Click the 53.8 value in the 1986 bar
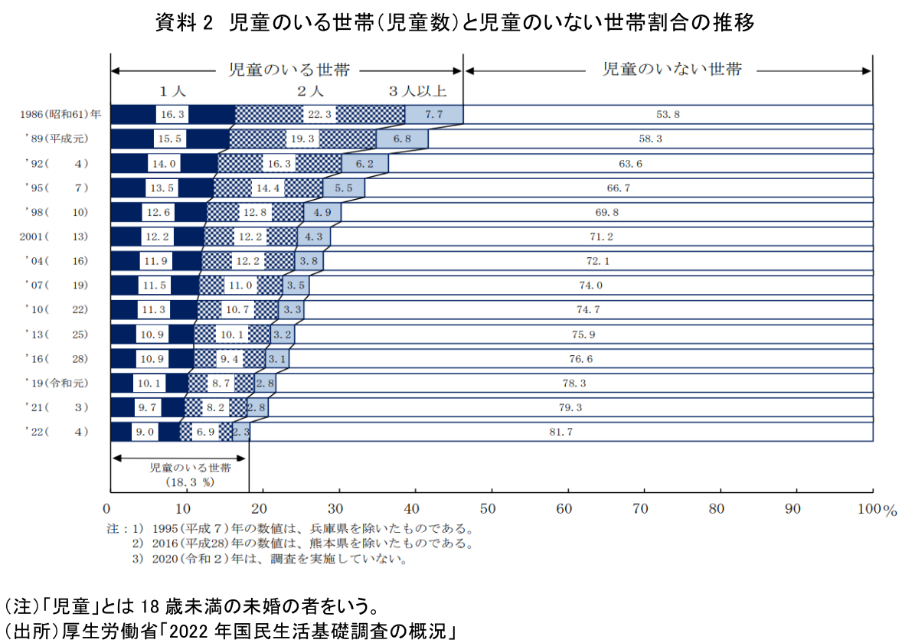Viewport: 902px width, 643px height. pos(668,115)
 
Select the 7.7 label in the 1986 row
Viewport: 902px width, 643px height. pos(433,115)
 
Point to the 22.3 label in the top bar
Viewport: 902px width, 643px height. pos(319,115)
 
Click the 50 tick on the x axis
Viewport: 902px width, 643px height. pos(489,508)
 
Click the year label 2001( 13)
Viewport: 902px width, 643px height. pos(54,237)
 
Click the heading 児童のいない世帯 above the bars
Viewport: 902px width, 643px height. pos(672,70)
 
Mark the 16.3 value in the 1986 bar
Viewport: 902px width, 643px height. pos(172,115)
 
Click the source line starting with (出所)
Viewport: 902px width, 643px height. pos(230,632)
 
